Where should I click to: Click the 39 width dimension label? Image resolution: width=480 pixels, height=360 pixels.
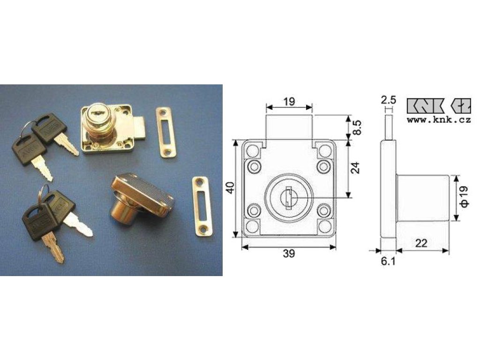coord(289,254)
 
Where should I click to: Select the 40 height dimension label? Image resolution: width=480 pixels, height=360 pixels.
coord(230,187)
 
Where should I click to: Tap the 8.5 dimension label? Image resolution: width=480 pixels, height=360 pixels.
coord(357,127)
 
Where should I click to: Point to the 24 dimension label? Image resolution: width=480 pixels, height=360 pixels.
coord(356,168)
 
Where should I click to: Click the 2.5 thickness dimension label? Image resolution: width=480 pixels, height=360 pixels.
coord(389,100)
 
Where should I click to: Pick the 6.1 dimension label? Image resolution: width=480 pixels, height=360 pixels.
coord(388,261)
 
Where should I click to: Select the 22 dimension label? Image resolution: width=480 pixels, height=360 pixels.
coord(421,243)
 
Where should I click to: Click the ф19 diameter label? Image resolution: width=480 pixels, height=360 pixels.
coord(464,196)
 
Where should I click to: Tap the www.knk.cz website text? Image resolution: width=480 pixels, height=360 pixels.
coord(439,120)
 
